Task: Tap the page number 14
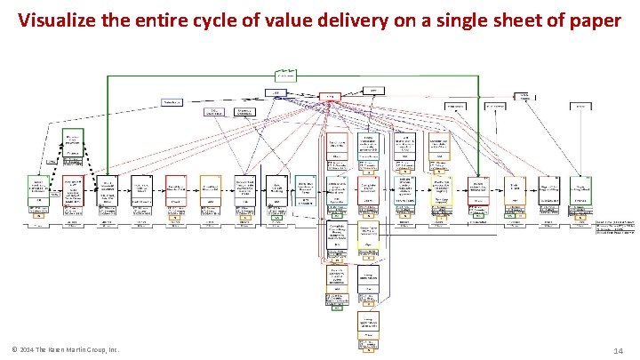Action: [x=619, y=352]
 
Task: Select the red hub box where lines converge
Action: [x=330, y=96]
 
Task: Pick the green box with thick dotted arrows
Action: [x=73, y=140]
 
